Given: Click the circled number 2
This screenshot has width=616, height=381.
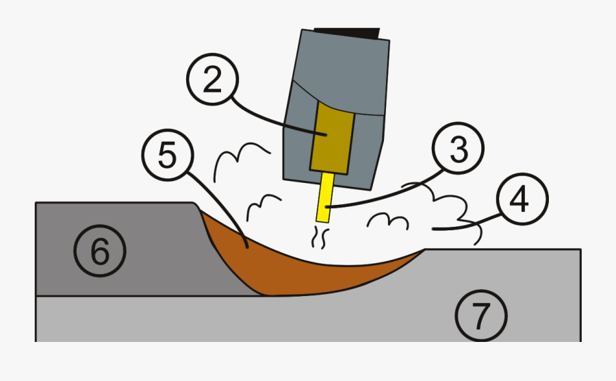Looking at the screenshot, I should tap(212, 81).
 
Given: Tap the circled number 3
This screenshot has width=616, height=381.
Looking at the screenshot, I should tap(458, 149).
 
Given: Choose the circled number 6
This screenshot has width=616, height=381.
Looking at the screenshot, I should tap(100, 252).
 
